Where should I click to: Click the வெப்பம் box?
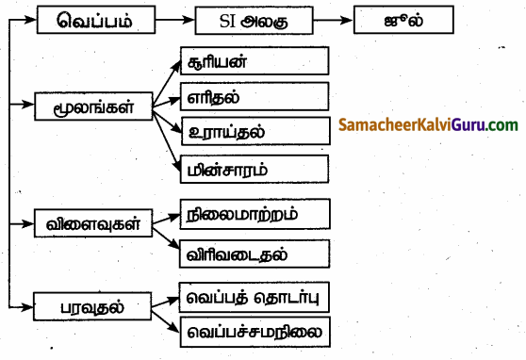(92, 20)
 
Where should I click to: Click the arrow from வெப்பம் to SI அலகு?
(171, 20)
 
